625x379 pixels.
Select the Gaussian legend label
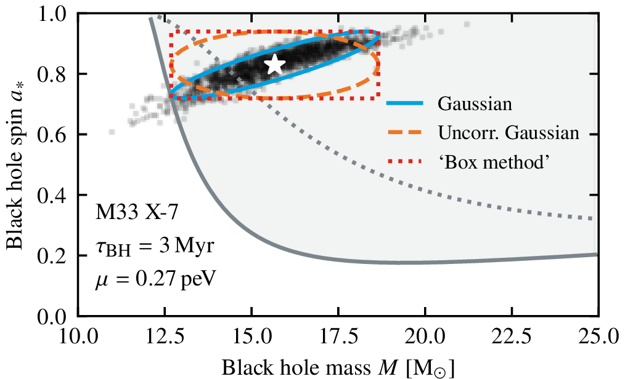coord(475,104)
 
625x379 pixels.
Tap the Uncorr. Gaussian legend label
coord(509,133)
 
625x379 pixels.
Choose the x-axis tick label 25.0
coord(598,337)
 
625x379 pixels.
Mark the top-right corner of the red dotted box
coord(378,31)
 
